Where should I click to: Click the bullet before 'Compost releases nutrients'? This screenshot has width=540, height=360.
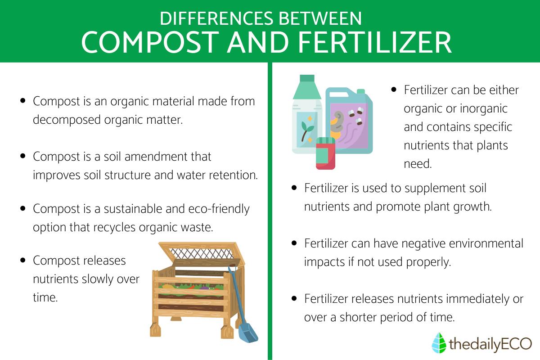point(23,261)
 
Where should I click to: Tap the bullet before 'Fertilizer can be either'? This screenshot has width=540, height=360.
point(394,90)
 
